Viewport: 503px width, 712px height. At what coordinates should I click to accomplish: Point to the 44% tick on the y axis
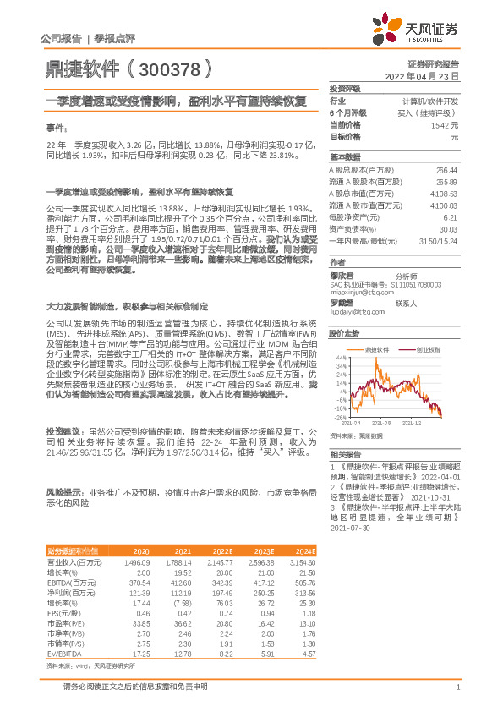tap(341, 358)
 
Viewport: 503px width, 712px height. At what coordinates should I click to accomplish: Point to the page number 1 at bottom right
tap(457, 696)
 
